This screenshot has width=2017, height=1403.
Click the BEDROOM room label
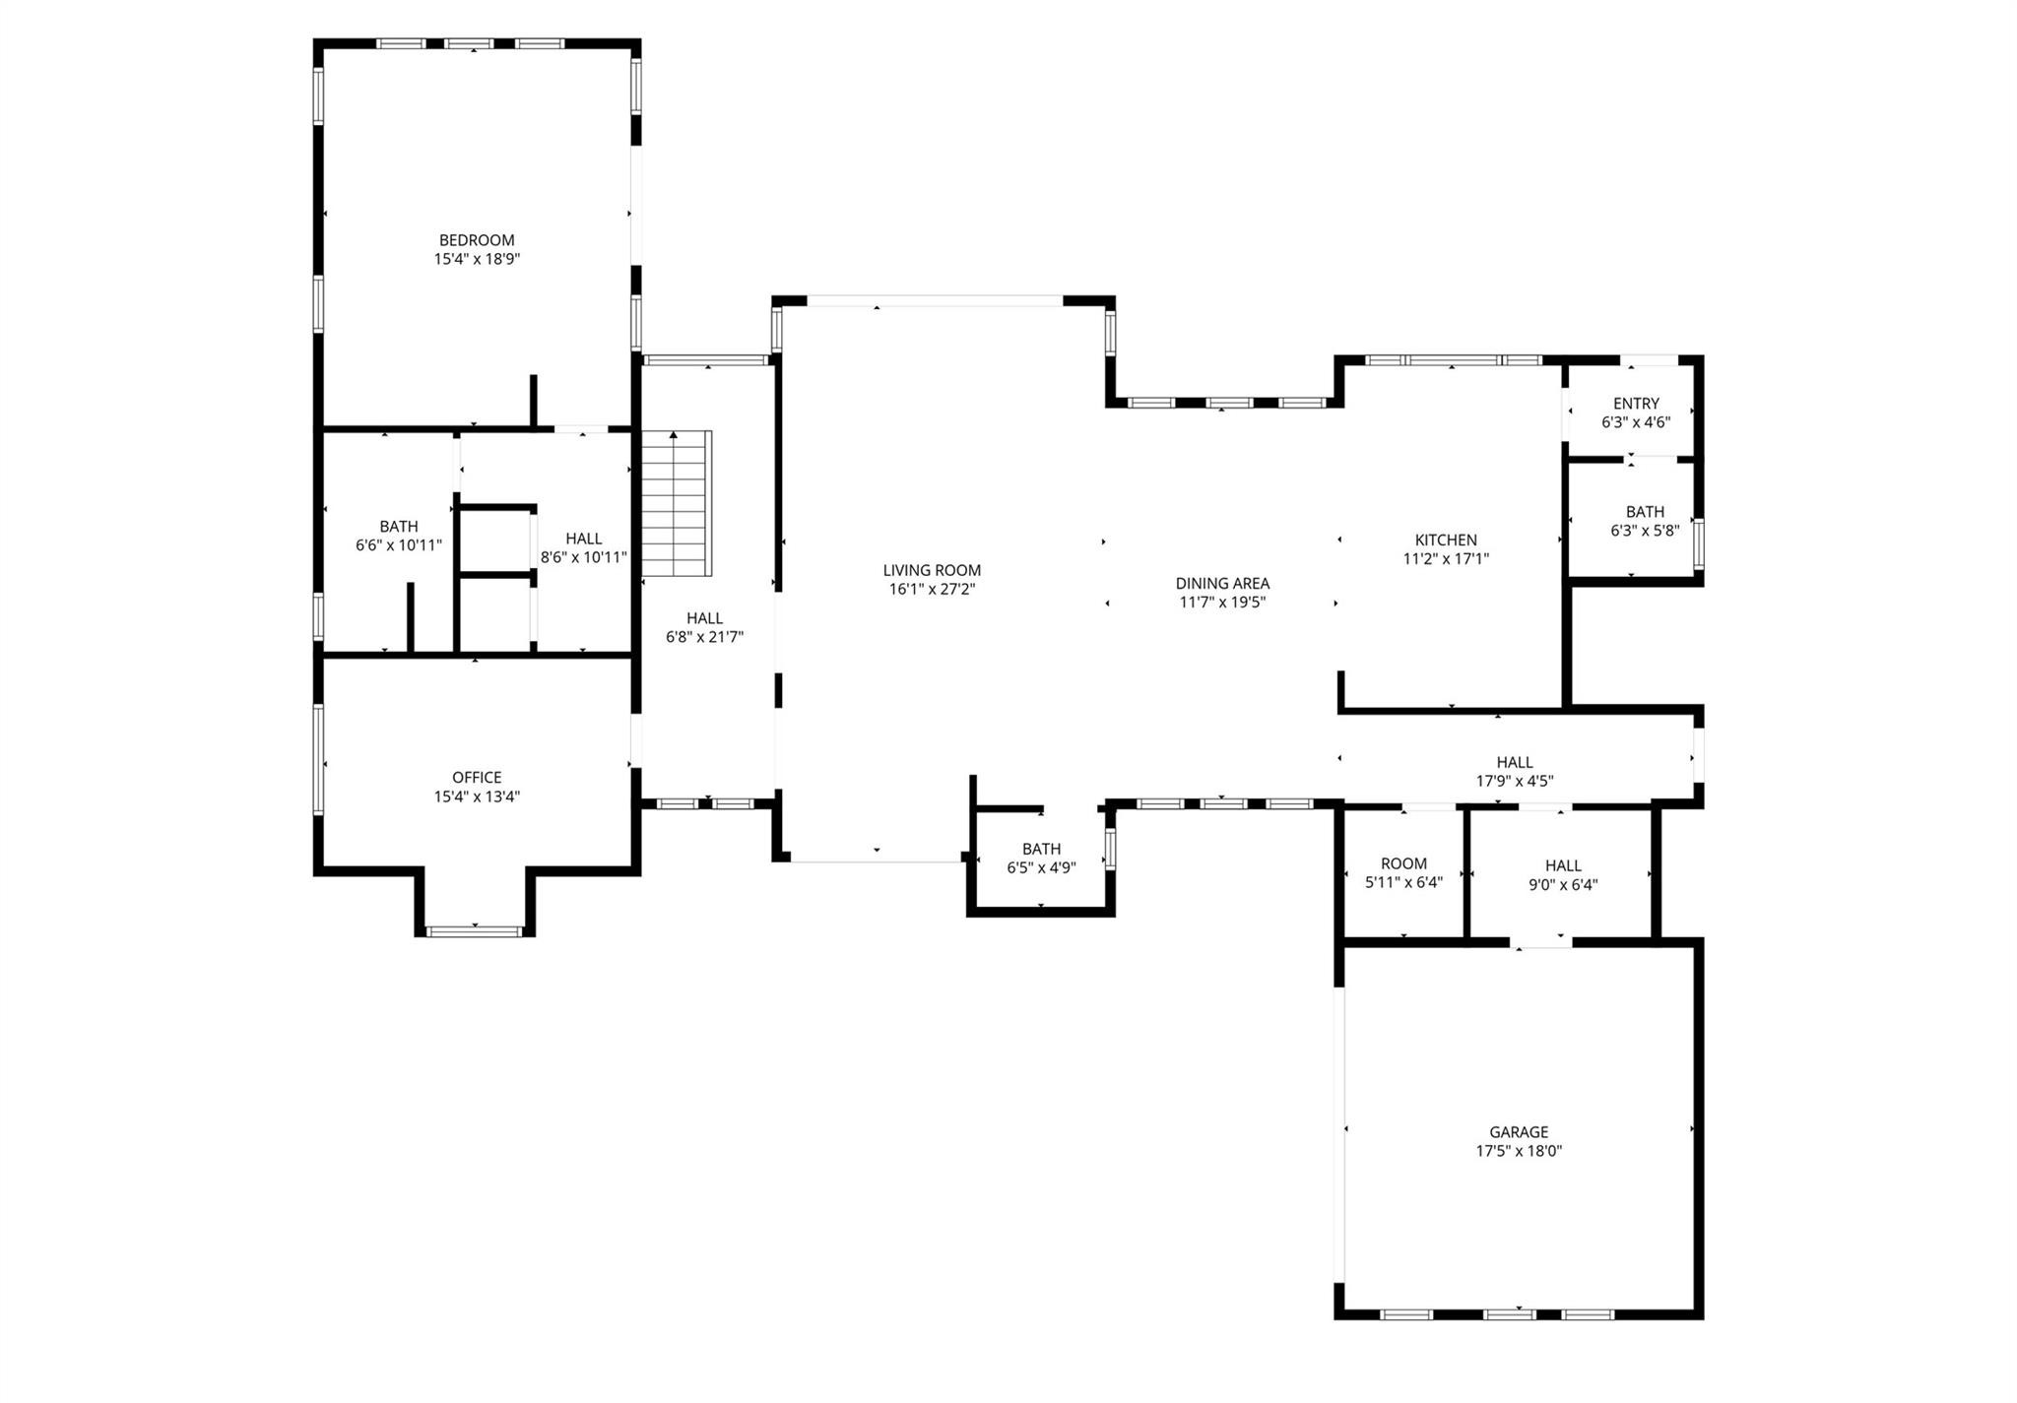477,240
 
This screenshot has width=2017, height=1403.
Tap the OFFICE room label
477,778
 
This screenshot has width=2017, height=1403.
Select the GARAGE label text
1519,1132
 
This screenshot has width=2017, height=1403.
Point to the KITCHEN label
1446,541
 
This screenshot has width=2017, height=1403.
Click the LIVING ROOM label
932,570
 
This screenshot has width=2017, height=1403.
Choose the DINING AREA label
1222,584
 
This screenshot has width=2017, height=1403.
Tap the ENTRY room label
1636,404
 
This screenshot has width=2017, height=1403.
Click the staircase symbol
676,504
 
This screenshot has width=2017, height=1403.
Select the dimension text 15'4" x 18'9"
477,260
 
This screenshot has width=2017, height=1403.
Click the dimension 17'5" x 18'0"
1519,1151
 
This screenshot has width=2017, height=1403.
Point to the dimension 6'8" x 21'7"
704,637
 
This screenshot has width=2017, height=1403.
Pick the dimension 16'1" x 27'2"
932,590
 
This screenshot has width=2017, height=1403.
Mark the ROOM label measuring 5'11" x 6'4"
1403,864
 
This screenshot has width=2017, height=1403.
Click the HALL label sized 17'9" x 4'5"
1515,762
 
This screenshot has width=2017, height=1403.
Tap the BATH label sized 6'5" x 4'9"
1041,850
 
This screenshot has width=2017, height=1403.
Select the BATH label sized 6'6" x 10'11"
399,527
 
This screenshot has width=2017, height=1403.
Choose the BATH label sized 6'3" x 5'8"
1645,512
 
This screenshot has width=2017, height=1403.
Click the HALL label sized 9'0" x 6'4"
1563,865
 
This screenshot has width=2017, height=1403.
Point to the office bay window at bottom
475,930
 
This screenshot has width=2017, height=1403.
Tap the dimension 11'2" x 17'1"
1446,559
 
